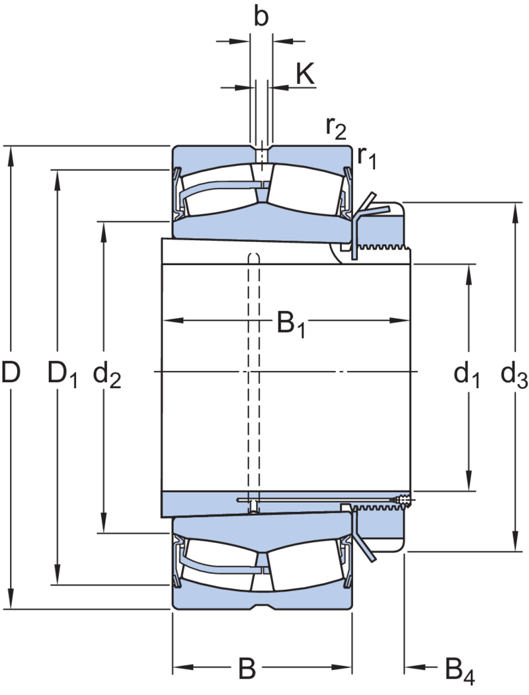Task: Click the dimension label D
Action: (11, 372)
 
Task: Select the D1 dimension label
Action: (63, 374)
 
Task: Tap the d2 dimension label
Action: (106, 374)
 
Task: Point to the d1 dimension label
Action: (467, 374)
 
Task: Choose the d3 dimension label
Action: (514, 374)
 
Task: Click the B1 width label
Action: (291, 324)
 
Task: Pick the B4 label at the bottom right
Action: (460, 671)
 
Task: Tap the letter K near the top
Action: (305, 73)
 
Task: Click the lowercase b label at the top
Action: (261, 17)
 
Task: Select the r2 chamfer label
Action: (336, 128)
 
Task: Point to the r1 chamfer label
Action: (367, 157)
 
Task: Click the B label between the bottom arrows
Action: (247, 668)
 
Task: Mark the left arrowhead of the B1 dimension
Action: (173, 320)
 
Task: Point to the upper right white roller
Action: (305, 190)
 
